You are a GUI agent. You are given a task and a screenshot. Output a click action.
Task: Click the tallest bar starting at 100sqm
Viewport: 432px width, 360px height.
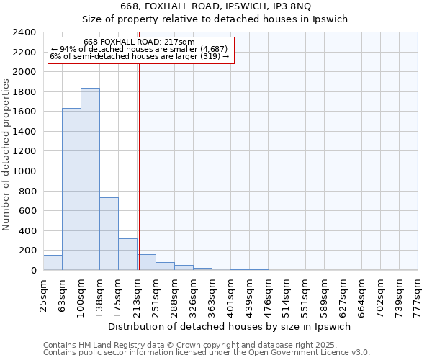tap(90, 179)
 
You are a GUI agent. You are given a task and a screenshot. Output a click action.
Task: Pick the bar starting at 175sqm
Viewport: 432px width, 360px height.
tap(127, 254)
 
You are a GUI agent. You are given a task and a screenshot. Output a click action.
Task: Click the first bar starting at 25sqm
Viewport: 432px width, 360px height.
tap(53, 263)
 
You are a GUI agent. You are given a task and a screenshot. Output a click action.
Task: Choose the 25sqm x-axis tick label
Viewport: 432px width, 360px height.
tap(43, 294)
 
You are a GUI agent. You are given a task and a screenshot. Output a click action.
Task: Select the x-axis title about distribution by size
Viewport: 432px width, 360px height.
tap(230, 326)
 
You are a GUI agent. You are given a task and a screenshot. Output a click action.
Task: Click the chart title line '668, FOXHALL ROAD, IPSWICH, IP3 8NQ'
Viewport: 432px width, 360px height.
tap(215, 6)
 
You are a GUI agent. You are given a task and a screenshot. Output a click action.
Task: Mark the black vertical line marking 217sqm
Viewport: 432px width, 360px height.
tap(139, 166)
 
